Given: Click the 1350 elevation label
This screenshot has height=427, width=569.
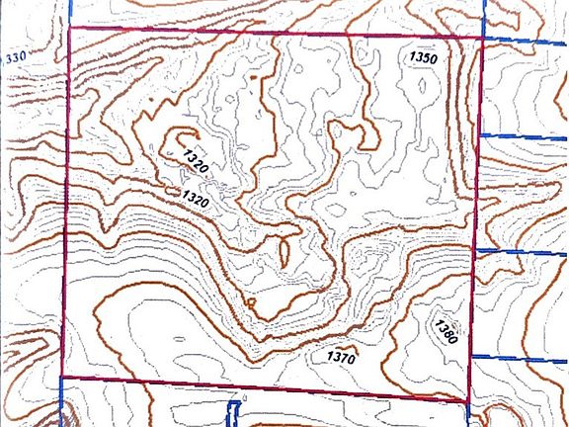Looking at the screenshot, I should (423, 58).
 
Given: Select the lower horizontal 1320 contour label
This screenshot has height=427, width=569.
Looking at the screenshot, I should (196, 200).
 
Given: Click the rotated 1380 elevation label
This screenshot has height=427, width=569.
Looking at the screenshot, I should (446, 327).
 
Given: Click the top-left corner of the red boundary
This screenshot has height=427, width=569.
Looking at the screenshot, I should (70, 28).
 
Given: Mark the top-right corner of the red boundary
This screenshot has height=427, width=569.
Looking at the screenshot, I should (482, 39).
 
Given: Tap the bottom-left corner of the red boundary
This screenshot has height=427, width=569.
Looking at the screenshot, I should (62, 377).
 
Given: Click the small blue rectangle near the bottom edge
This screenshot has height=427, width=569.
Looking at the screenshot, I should (235, 410).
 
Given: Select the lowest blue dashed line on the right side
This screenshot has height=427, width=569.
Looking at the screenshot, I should (519, 357).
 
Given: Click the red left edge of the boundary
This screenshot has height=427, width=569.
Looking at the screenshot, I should (66, 198).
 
